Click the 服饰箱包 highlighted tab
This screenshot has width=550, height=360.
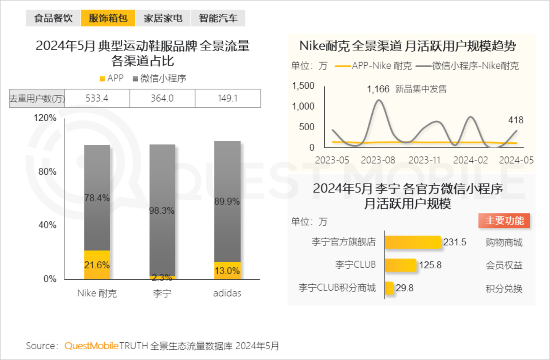point(108,18)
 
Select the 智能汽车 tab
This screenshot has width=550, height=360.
point(218,18)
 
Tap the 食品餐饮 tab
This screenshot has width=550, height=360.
point(53,18)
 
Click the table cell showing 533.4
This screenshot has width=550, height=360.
point(97,98)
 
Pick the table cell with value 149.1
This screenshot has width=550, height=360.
point(228,98)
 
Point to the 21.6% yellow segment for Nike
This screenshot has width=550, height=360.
point(97,264)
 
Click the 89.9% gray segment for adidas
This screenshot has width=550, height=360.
point(227,201)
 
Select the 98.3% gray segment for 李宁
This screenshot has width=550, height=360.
point(162,210)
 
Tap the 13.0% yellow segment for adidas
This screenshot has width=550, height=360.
point(227,271)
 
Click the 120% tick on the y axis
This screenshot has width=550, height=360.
point(45,118)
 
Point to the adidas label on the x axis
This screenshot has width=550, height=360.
point(227,293)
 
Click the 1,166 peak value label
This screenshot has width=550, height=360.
point(378,89)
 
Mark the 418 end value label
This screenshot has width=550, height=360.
point(516,120)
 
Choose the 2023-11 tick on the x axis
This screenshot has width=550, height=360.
point(424,160)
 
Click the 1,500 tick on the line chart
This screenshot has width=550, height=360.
point(303,86)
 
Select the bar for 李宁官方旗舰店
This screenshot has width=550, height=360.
point(413,242)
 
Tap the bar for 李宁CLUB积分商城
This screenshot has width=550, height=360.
point(389,288)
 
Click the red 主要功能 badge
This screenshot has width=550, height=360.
point(504,221)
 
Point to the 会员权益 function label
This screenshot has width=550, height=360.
point(504,265)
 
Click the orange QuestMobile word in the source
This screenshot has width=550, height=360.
point(91,346)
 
